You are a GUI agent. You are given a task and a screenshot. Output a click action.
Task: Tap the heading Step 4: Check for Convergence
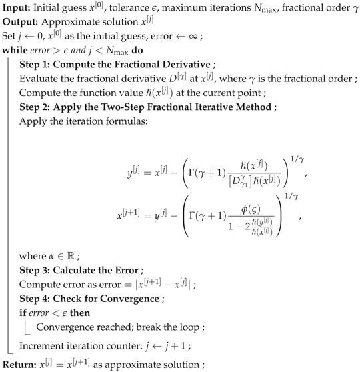pyautogui.click(x=90, y=303)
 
